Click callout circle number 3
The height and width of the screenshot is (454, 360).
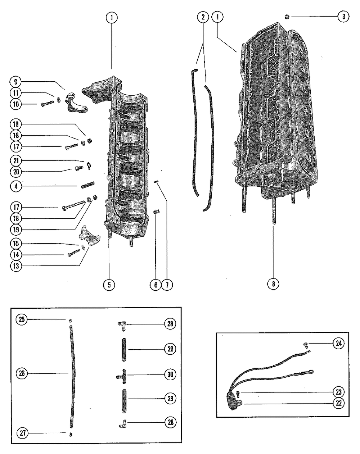click(x=343, y=17)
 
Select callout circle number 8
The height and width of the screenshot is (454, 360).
click(x=273, y=283)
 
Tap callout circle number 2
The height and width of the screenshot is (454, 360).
click(x=203, y=17)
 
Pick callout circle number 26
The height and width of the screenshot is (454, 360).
click(x=22, y=373)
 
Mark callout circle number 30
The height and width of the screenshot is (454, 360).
click(x=170, y=374)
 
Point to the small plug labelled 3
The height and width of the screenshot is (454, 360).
click(x=287, y=16)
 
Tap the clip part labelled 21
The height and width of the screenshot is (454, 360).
click(x=89, y=165)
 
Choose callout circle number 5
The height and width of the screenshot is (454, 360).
click(x=108, y=285)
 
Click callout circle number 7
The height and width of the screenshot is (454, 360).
click(x=167, y=285)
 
